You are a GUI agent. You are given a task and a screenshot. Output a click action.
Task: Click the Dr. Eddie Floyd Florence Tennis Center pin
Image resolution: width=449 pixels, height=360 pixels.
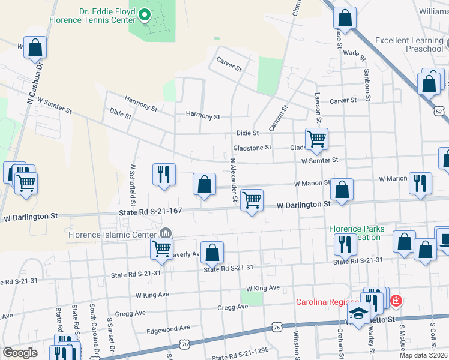point(145,15)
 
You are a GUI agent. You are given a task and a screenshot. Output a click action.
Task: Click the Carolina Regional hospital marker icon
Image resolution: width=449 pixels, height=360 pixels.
point(396,301)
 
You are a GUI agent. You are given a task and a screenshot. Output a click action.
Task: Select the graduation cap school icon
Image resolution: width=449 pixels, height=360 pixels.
point(358,314)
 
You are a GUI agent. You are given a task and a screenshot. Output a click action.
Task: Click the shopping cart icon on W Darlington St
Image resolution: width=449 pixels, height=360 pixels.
point(252,200)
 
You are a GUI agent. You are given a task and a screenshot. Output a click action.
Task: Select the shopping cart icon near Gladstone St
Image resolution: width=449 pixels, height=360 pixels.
point(316,139)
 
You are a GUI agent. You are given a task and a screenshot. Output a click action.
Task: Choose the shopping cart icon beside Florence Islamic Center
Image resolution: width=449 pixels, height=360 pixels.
point(161,248)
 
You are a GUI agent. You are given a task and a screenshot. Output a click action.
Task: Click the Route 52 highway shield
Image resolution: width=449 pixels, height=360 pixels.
point(440,112)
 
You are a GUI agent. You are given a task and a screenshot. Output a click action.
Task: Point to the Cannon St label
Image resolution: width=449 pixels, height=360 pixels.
point(279,118)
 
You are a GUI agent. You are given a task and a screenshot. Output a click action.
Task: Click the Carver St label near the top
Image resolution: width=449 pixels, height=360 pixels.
point(229,65)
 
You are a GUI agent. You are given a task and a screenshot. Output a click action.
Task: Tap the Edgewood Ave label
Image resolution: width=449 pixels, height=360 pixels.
point(169,329)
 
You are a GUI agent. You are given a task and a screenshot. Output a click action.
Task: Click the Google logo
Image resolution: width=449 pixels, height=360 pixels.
point(20,353)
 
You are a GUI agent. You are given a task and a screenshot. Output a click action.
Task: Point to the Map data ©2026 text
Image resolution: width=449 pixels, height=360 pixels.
point(423,355)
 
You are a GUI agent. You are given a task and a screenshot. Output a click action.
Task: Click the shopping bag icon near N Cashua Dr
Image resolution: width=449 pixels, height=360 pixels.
point(35,47)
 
